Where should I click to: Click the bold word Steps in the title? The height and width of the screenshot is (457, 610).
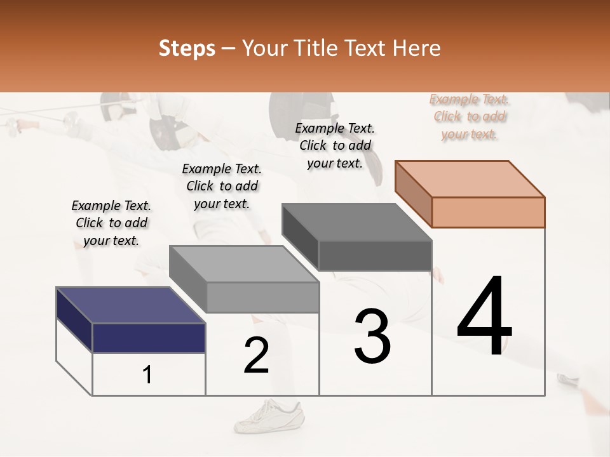(x=187, y=49)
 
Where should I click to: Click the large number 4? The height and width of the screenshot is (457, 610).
(x=484, y=315)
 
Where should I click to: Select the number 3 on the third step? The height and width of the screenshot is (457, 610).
(x=372, y=336)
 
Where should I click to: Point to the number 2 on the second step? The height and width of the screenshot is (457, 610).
(x=256, y=355)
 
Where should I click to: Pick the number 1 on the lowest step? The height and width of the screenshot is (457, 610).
(x=147, y=374)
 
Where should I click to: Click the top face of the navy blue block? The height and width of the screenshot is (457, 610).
(x=130, y=305)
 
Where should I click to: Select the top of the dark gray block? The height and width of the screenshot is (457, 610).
(x=356, y=222)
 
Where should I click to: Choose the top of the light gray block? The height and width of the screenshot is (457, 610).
(x=244, y=263)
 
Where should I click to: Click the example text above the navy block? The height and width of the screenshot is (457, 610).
(x=111, y=223)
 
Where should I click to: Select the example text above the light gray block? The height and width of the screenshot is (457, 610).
(x=222, y=186)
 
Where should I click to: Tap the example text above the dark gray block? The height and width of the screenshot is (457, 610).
(x=335, y=145)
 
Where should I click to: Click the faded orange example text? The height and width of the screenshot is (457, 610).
(x=469, y=116)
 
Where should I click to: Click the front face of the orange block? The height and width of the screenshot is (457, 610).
(x=488, y=212)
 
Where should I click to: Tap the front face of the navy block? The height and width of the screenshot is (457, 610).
(x=149, y=338)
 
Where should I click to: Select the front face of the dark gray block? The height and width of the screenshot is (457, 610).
(x=375, y=255)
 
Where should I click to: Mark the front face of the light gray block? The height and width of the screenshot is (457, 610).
(x=262, y=297)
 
